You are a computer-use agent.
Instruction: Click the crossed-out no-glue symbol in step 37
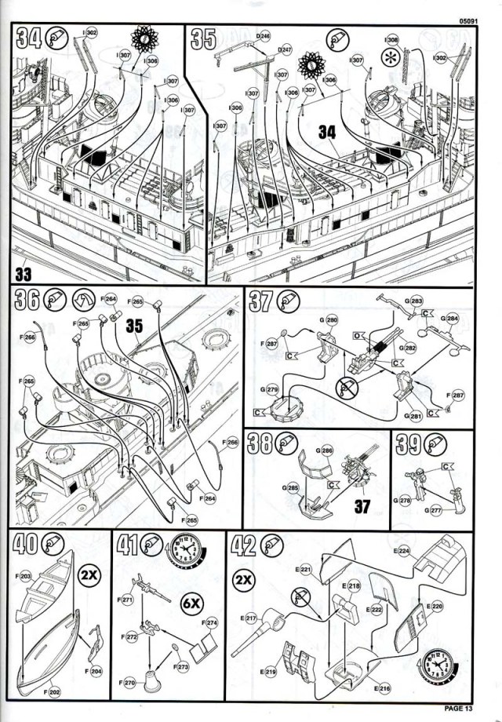click(345, 385)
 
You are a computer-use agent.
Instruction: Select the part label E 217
click(249, 618)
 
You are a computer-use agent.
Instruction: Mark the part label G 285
click(291, 487)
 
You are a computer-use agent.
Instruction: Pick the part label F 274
click(212, 622)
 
